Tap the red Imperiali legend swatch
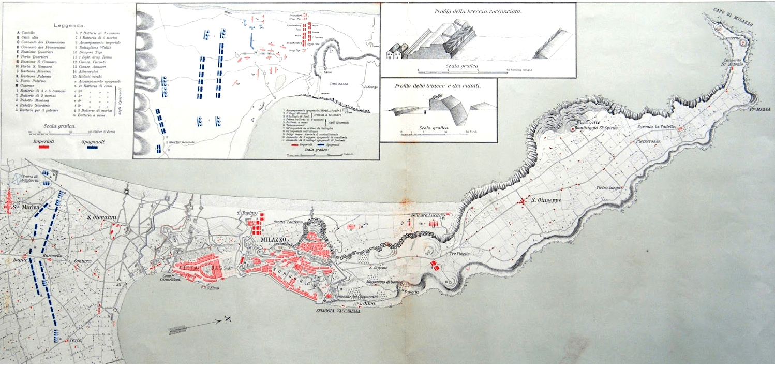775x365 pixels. [44, 147]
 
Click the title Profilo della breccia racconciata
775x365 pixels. [478, 10]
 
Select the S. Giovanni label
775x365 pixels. [101, 216]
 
